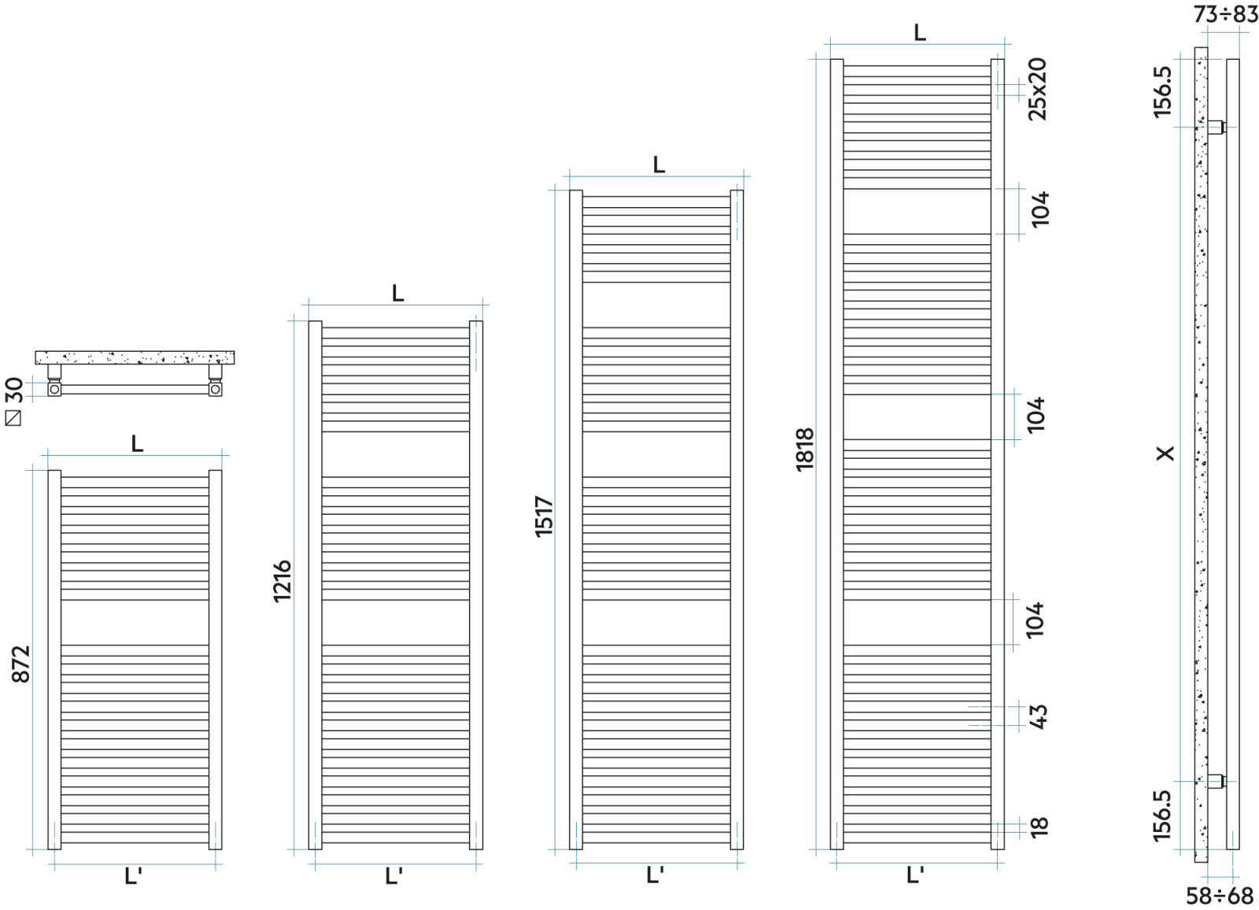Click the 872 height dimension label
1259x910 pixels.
coord(20,663)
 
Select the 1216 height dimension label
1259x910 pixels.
coord(282,581)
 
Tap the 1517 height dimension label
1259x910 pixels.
coord(545,516)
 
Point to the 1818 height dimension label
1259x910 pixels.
coord(805,449)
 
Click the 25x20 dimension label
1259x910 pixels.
coord(1038,88)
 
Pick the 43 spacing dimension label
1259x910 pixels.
coord(1039,716)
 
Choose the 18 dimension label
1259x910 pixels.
coord(1039,826)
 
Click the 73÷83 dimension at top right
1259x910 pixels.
coord(1225,14)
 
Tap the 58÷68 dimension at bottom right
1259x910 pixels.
coord(1220,896)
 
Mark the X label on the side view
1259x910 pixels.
coord(1165,453)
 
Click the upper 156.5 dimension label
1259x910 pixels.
coord(1162,92)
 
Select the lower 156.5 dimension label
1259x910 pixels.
coord(1162,816)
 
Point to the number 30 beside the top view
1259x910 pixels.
coord(14,390)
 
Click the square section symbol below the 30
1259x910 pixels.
coord(13,418)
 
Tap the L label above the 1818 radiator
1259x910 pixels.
coord(920,33)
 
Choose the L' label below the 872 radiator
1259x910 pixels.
coord(133,876)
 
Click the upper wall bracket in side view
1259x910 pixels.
coord(1216,126)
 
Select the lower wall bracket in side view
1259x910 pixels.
coord(1216,782)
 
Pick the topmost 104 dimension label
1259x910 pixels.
coord(1039,209)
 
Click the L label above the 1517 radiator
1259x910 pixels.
coord(659,165)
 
